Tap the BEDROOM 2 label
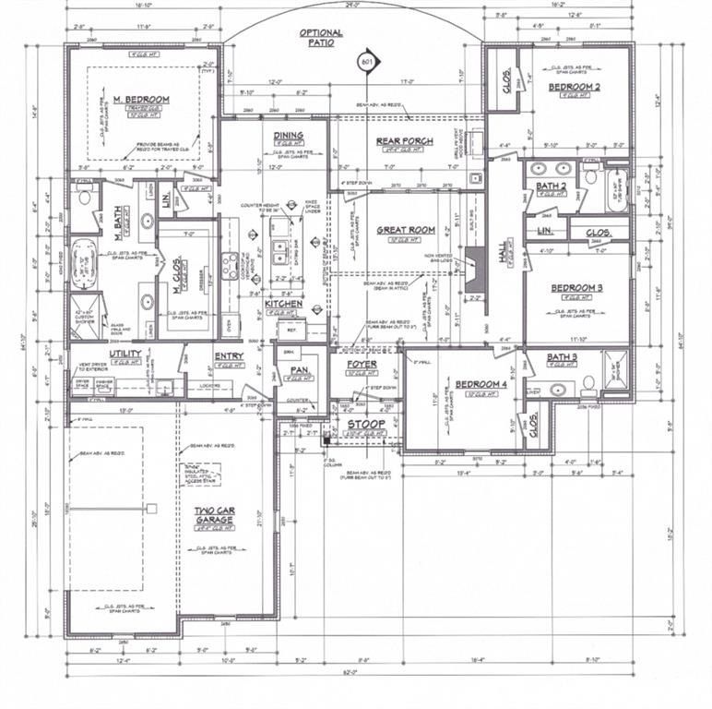click(575, 87)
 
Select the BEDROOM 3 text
click(576, 288)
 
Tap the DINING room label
click(288, 136)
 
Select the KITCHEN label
click(284, 303)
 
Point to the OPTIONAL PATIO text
click(320, 38)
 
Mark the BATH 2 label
click(551, 186)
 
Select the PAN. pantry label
click(298, 370)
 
